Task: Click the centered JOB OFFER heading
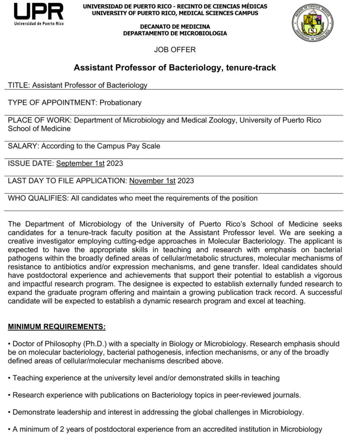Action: point(175,49)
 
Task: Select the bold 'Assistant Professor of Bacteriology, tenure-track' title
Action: point(175,68)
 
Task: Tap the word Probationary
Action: point(120,103)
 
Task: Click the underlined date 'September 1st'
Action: point(80,163)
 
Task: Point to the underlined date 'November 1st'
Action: point(152,181)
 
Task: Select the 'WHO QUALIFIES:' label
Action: point(37,198)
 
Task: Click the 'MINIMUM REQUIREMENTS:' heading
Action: point(56,326)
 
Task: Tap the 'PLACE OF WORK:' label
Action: point(36,120)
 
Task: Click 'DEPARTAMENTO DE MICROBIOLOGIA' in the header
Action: point(175,33)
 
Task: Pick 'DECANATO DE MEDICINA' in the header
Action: point(175,27)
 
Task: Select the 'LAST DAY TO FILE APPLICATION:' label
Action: point(68,181)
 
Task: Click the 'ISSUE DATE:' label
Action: point(31,163)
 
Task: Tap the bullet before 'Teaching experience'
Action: point(10,378)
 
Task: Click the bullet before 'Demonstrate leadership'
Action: point(10,412)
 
